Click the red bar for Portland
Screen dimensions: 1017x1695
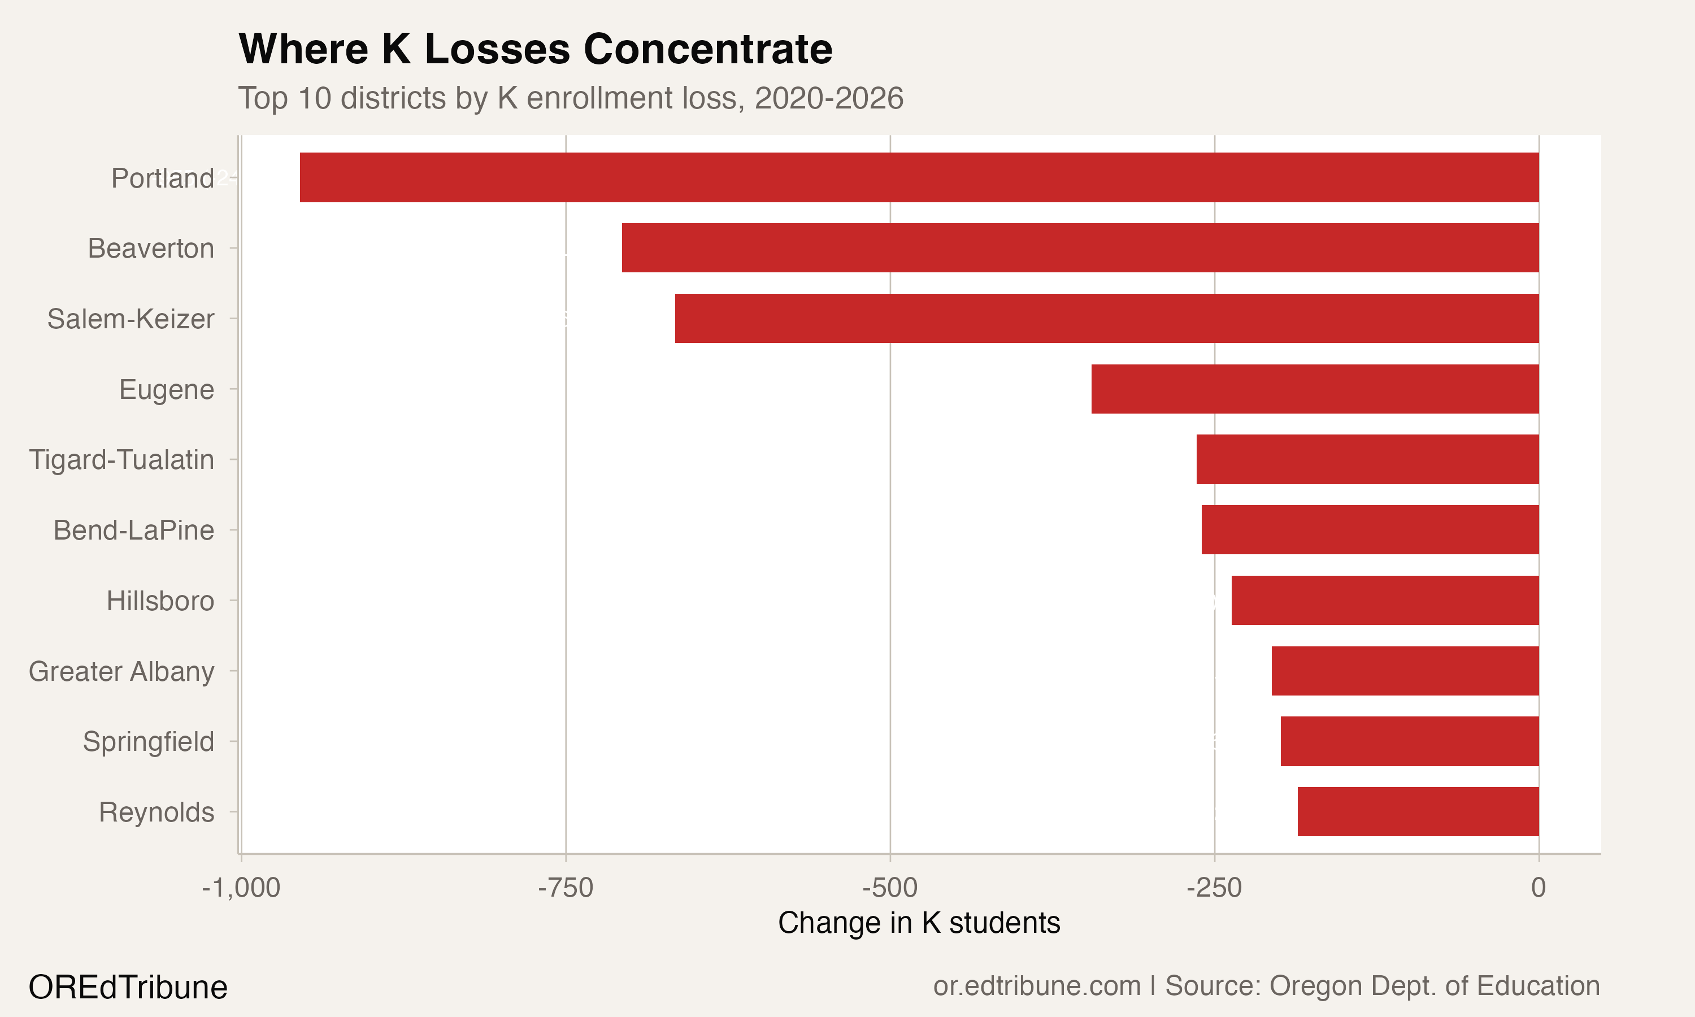pyautogui.click(x=919, y=177)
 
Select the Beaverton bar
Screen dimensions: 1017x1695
pyautogui.click(x=1080, y=247)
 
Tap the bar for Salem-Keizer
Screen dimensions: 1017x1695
pyautogui.click(x=1107, y=318)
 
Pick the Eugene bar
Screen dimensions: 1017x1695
pyautogui.click(x=1315, y=389)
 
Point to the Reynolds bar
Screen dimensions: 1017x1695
pyautogui.click(x=1418, y=811)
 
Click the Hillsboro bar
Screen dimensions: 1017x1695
pyautogui.click(x=1385, y=601)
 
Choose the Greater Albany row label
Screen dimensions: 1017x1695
pyautogui.click(x=121, y=672)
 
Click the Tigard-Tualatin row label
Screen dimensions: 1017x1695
pyautogui.click(x=121, y=460)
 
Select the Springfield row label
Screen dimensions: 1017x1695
pyautogui.click(x=149, y=741)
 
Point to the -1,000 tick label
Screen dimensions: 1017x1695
pyautogui.click(x=241, y=888)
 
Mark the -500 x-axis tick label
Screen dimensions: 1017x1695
pyautogui.click(x=889, y=888)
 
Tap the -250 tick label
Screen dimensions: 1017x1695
pyautogui.click(x=1214, y=888)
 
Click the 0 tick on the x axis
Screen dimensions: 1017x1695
pyautogui.click(x=1538, y=888)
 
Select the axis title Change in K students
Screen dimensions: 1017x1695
pyautogui.click(x=919, y=923)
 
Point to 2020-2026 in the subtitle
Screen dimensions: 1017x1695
pyautogui.click(x=829, y=99)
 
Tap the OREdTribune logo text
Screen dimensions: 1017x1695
pyautogui.click(x=128, y=988)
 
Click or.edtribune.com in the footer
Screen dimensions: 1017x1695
pyautogui.click(x=1037, y=986)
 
